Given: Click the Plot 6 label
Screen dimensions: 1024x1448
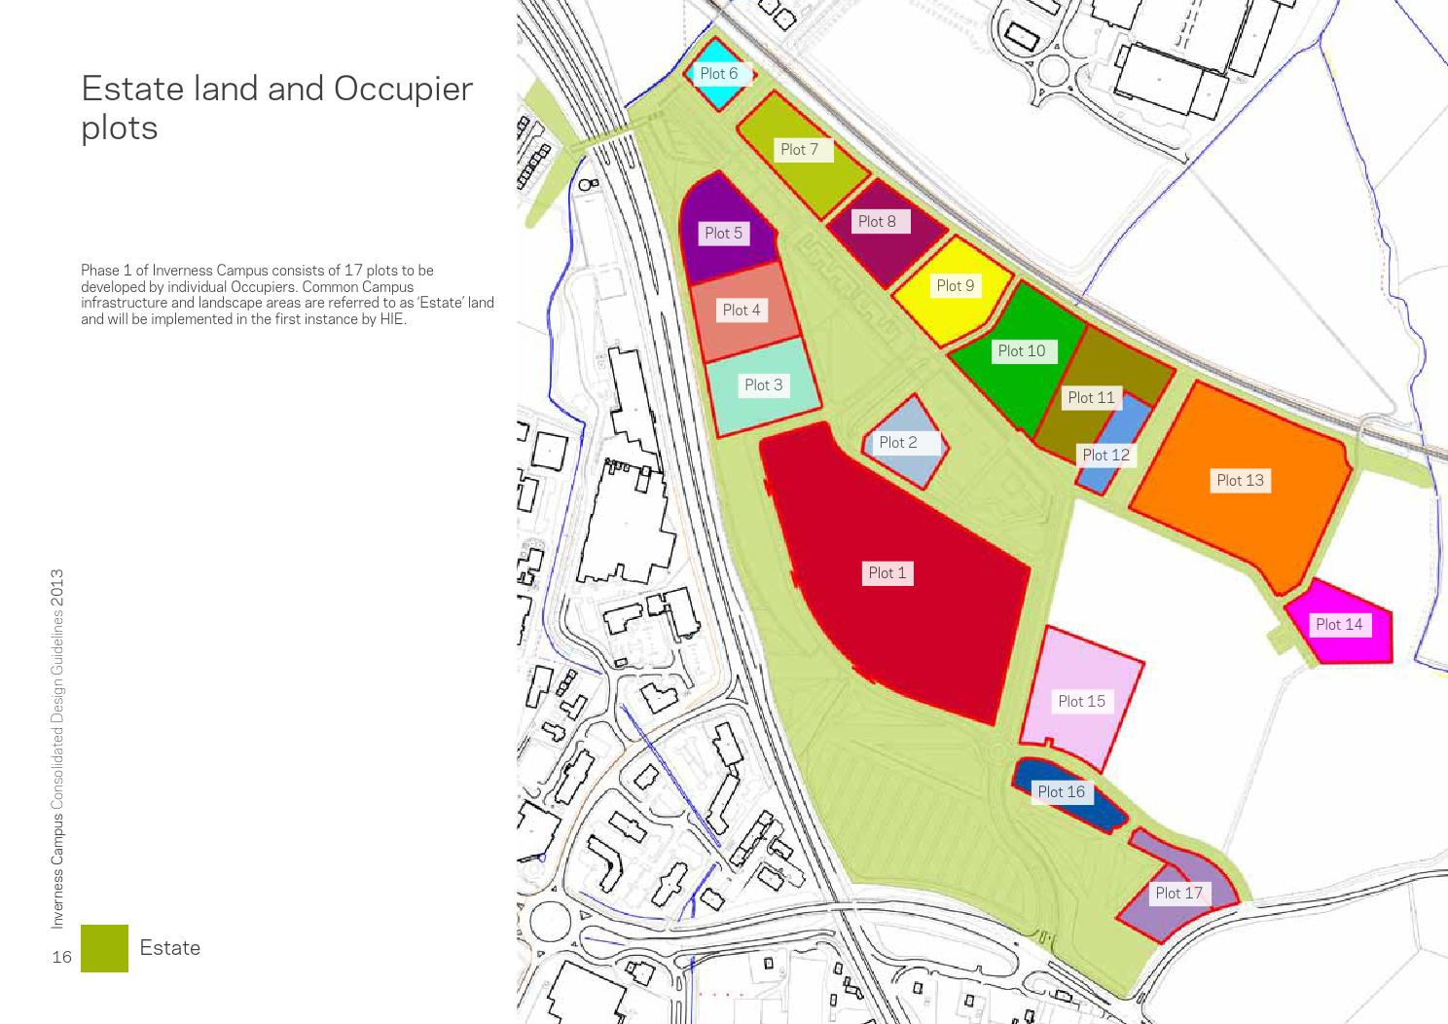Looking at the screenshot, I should [718, 74].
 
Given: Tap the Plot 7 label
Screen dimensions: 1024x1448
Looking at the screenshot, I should [799, 150].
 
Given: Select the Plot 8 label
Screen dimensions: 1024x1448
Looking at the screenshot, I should [877, 222].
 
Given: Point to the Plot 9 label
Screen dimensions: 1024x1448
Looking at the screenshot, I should [955, 286].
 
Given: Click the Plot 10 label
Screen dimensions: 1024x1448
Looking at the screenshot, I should [1021, 351].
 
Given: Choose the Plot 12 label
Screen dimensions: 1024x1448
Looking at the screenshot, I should [1105, 456].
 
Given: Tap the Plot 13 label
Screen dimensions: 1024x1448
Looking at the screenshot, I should [1240, 481].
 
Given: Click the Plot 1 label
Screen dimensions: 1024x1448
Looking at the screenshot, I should [887, 573].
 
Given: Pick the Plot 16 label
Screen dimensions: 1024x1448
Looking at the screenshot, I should [1061, 792].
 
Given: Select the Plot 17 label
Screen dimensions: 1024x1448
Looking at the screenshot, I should [1178, 894].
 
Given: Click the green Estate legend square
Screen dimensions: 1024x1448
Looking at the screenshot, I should [104, 948].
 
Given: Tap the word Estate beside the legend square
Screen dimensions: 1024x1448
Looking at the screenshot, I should [170, 948].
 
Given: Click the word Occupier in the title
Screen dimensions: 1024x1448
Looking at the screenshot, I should [403, 89].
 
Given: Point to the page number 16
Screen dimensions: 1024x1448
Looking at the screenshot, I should [61, 957].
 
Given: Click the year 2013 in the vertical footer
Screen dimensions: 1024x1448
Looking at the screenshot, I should [58, 588].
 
